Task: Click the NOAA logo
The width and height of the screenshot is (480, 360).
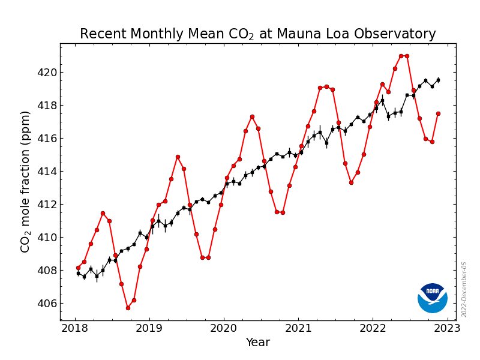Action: click(432, 298)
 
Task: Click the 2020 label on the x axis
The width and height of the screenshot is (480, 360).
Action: click(223, 328)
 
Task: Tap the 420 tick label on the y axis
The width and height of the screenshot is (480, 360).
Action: click(47, 73)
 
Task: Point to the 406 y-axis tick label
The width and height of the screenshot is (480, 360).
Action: click(47, 304)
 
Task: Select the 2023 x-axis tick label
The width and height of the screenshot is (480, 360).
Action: click(447, 328)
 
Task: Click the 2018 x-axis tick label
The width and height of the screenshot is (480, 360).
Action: click(74, 328)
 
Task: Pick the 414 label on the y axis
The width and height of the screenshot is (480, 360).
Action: click(47, 172)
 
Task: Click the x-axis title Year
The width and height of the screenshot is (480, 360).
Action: click(258, 342)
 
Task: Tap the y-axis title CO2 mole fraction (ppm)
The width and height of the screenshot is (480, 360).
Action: click(25, 182)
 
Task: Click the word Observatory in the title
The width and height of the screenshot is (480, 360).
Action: click(395, 34)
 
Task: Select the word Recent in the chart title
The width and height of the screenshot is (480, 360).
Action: click(103, 34)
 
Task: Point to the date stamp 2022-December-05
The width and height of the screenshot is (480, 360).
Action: click(464, 290)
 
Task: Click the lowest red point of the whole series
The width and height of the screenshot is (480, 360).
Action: click(128, 308)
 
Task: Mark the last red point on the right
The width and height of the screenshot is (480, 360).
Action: click(439, 113)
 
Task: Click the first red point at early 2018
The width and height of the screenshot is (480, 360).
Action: click(79, 268)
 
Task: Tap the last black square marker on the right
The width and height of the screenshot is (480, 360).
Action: click(439, 80)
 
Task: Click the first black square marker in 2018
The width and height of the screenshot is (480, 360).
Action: click(79, 273)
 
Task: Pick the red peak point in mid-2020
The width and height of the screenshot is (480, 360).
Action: click(252, 116)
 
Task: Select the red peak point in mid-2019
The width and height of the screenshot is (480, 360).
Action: click(178, 157)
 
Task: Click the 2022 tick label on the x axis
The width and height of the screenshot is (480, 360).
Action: click(373, 328)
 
